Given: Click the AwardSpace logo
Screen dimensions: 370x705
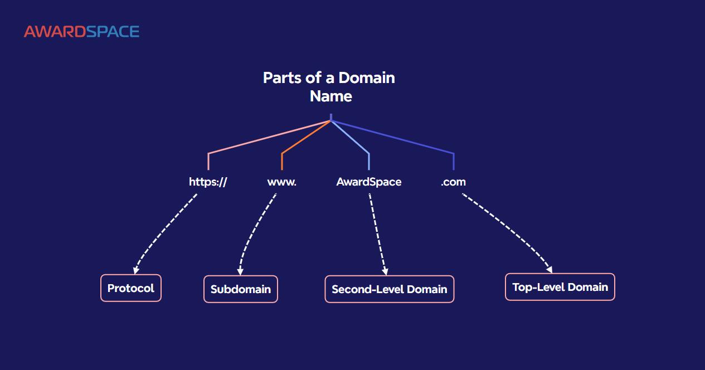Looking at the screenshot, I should pos(81,32).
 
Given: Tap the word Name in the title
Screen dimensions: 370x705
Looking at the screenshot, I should pos(330,96).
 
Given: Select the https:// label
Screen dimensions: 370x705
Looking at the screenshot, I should pos(208,182).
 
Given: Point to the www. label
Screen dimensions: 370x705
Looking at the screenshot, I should pos(281,182).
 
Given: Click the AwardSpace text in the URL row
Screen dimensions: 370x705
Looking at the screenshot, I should pos(368,182).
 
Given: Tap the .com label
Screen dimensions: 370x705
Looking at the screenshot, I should pos(453,182).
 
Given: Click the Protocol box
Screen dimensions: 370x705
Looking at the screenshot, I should pos(131,288).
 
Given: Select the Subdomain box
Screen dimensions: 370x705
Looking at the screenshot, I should pos(240,289).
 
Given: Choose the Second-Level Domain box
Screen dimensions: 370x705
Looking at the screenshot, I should pos(389,289).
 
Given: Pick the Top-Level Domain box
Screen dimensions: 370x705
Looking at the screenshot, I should pos(560,287).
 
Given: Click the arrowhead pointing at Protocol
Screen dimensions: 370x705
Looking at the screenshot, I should pos(136,270).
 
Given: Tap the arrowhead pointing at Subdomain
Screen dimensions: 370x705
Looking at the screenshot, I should pos(240,271).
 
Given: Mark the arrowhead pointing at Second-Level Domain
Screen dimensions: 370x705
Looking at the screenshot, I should pos(385,271).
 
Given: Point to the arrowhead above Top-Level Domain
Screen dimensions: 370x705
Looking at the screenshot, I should pos(549,270).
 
